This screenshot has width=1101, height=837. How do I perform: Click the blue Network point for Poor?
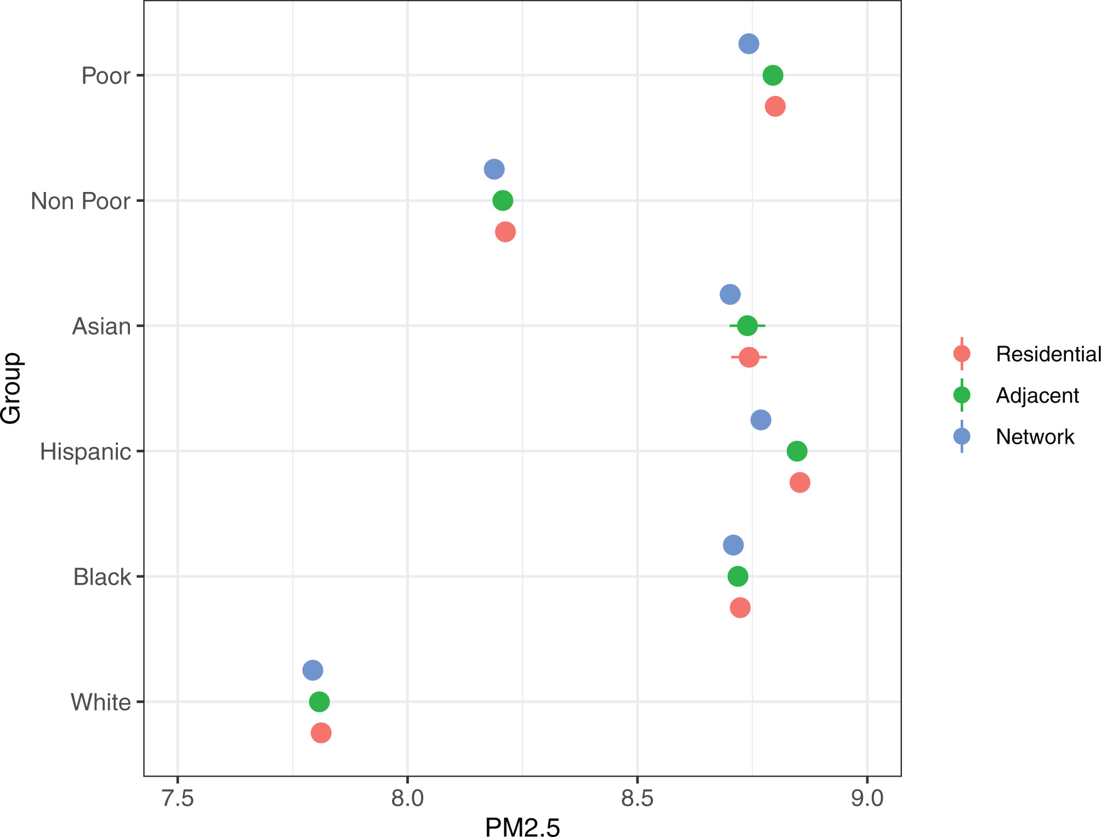[x=748, y=44]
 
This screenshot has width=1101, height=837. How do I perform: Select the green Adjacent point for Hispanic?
[x=797, y=451]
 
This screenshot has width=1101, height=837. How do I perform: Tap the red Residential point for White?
[x=321, y=733]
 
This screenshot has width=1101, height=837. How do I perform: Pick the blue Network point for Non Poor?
[x=494, y=169]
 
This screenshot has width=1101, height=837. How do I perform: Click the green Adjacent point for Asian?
[x=747, y=326]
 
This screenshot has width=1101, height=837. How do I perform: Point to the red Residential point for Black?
[x=740, y=608]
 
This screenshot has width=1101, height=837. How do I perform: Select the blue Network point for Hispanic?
[x=761, y=420]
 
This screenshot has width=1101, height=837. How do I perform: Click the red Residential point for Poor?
[x=775, y=106]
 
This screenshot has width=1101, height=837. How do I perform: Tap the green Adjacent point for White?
[x=319, y=702]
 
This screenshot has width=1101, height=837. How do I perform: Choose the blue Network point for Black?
[x=733, y=545]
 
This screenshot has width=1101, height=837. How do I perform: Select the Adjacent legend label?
[x=1037, y=395]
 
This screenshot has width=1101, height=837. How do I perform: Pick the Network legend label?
[x=1035, y=437]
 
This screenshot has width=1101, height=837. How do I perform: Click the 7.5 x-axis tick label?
[x=178, y=798]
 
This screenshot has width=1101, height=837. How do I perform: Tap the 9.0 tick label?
[x=867, y=798]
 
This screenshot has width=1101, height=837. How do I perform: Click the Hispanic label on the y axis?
[x=86, y=452]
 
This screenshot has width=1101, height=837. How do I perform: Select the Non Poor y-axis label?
[x=81, y=201]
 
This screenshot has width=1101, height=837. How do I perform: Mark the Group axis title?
[x=11, y=388]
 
